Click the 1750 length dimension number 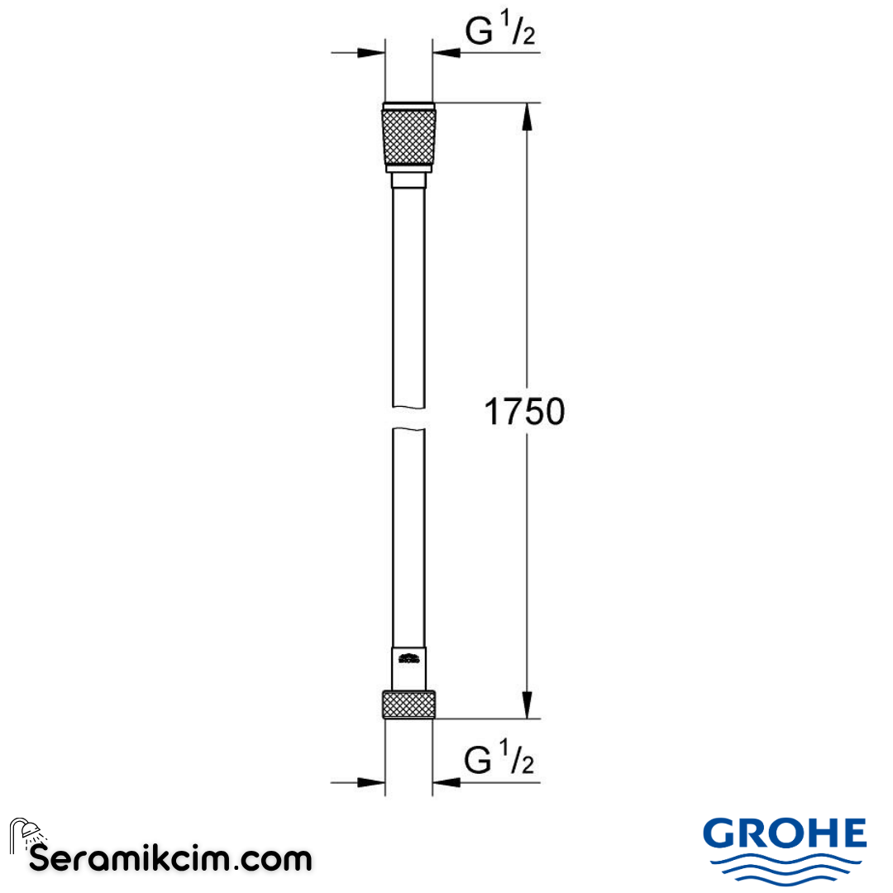coord(523,411)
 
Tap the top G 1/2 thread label coord(500,34)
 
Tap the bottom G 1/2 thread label coord(500,760)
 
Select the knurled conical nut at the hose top coord(408,136)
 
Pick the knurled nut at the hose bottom coord(408,704)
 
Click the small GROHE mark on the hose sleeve coord(408,659)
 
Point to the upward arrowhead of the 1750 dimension coord(524,116)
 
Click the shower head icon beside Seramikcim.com coord(26,833)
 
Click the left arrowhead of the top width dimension coord(372,53)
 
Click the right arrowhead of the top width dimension coord(446,53)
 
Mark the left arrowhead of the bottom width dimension coord(372,781)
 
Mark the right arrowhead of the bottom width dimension coord(446,781)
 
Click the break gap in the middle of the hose coord(408,417)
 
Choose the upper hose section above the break coord(408,289)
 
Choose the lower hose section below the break coord(408,537)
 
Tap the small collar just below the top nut coord(408,181)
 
